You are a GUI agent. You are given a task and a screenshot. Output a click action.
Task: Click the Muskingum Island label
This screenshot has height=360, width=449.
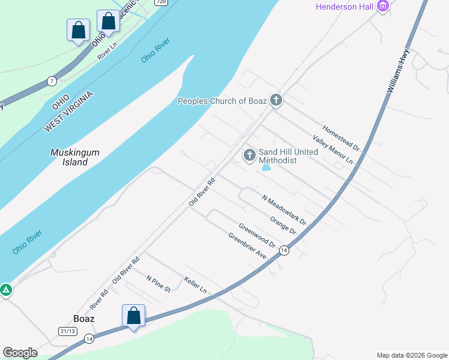tap(75, 157)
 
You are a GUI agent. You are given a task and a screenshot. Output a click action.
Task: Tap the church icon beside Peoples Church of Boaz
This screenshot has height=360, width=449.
tap(276, 100)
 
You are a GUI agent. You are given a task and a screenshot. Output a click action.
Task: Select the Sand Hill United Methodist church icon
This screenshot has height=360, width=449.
tap(250, 155)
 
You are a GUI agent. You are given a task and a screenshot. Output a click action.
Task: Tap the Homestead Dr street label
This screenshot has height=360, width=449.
tap(340, 137)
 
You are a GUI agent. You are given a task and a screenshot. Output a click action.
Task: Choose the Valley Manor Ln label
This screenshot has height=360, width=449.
tap(333, 150)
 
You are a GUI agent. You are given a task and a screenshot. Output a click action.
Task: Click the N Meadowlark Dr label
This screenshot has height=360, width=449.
tap(285, 209)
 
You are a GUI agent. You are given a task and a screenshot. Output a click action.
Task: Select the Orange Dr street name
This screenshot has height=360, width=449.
tap(283, 226)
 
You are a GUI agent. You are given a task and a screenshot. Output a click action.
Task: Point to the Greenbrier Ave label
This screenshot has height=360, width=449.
tap(247, 245)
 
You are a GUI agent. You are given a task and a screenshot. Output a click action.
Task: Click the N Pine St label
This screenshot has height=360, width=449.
tap(158, 284)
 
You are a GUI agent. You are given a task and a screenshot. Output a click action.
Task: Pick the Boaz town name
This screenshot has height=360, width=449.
tap(83, 319)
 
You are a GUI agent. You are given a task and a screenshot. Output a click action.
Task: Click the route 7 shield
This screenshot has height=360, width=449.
tap(52, 81)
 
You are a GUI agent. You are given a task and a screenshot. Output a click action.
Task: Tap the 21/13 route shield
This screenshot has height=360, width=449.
tap(67, 331)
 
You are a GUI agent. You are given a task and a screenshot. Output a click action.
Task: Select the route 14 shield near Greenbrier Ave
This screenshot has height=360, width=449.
tap(284, 250)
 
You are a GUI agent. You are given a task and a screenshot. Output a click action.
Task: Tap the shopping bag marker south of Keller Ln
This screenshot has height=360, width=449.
tap(133, 316)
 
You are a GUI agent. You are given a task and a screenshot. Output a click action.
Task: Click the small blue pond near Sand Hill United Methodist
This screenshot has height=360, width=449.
tap(266, 168)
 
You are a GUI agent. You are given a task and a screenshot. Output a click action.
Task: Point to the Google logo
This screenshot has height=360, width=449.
tap(20, 353)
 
